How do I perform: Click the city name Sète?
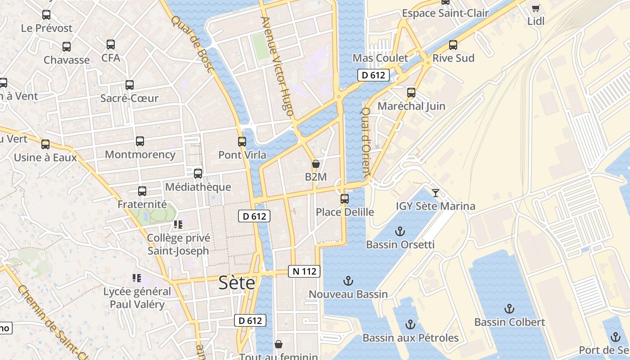click(x=237, y=283)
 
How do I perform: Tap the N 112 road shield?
click(x=304, y=271)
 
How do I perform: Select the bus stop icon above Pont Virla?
click(x=242, y=142)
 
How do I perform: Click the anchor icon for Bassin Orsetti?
click(x=400, y=231)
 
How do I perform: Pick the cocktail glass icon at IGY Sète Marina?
click(x=435, y=193)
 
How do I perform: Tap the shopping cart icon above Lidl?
click(x=535, y=8)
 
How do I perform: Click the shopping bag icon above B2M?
click(x=315, y=164)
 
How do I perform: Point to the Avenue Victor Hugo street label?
click(x=277, y=66)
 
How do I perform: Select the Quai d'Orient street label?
click(x=366, y=142)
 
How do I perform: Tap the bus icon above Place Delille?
click(x=345, y=198)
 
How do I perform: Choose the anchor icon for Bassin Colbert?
click(x=509, y=309)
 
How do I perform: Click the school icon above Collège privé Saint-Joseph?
click(x=178, y=224)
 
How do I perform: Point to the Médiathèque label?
click(x=198, y=187)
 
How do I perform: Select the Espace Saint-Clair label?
click(x=445, y=13)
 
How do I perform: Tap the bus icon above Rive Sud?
click(x=453, y=45)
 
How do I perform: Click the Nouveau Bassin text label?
click(x=348, y=294)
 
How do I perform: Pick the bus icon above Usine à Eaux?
click(x=45, y=144)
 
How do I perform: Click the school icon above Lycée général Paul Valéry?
click(x=137, y=278)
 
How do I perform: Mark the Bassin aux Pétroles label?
click(x=410, y=338)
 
